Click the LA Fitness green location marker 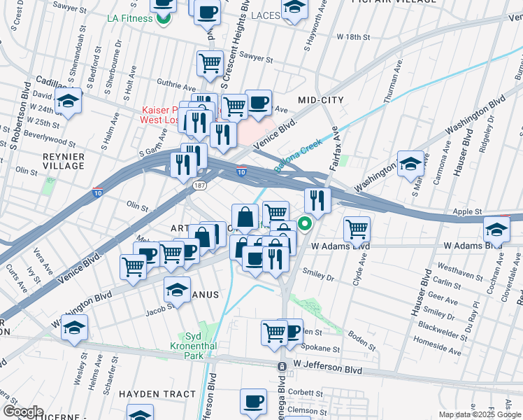click(163, 17)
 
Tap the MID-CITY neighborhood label click(321, 100)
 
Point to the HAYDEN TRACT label click(157, 394)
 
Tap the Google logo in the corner click(23, 411)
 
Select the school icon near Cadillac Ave click(68, 102)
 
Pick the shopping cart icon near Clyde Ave click(357, 228)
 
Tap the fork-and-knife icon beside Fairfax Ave click(317, 200)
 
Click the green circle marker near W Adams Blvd click(305, 224)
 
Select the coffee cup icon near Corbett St click(253, 401)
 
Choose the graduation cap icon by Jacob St click(178, 288)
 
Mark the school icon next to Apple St click(496, 228)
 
